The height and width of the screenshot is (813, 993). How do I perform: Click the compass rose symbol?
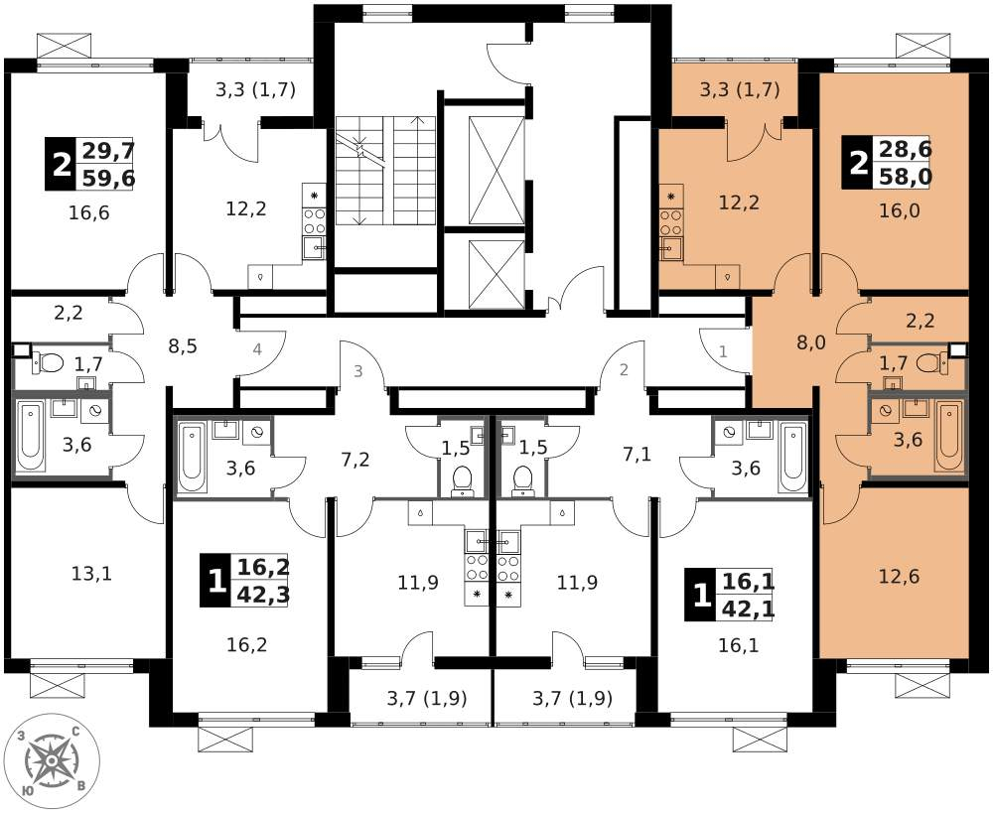tap(52, 760)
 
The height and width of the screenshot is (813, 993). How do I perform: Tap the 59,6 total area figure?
tap(109, 178)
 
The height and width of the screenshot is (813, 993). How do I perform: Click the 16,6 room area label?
tap(89, 212)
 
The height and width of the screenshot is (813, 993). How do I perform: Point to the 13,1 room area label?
tap(91, 574)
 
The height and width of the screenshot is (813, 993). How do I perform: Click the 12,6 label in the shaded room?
tap(900, 576)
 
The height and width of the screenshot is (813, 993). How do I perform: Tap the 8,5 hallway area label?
tap(183, 346)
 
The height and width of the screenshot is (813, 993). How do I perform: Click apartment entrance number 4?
tap(257, 348)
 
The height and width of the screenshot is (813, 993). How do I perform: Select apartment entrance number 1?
tap(723, 350)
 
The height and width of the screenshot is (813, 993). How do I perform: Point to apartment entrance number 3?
tap(358, 371)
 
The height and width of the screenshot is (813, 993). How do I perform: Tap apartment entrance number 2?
tap(624, 369)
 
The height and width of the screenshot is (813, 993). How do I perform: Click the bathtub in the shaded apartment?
tap(949, 437)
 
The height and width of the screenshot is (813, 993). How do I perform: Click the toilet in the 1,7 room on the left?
tap(48, 363)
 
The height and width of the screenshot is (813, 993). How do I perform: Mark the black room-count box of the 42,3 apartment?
tap(215, 580)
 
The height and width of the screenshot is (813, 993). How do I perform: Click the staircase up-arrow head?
tap(417, 120)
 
